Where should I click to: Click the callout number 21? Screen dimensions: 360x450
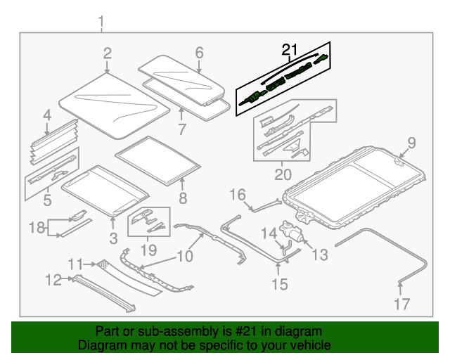coord(290,49)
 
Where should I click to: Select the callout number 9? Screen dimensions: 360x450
coord(411,143)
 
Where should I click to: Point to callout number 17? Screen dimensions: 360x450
coord(401,304)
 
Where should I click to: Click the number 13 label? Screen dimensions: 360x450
coord(319,255)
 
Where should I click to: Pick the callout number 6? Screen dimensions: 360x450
coord(199,53)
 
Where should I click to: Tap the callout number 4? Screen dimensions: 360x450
coord(46,115)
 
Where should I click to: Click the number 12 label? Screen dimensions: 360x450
coord(53,280)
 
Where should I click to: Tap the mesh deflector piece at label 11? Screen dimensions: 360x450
coord(105,264)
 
